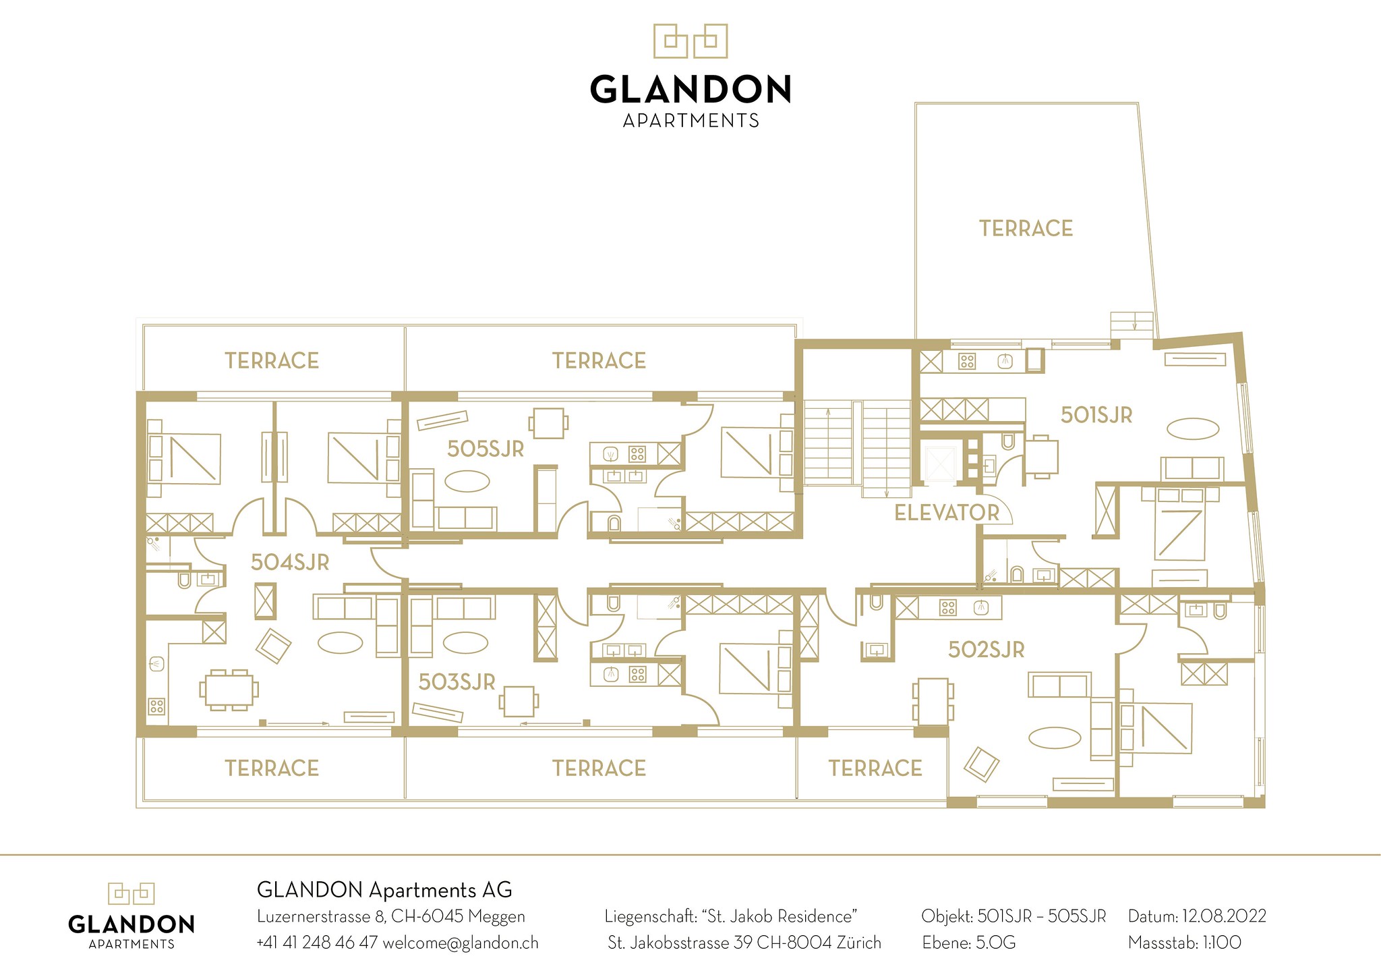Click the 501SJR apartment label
click(x=1096, y=415)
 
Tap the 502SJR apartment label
click(x=987, y=650)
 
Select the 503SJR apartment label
click(x=457, y=682)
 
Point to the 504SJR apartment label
click(x=290, y=562)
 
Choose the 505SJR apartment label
click(x=486, y=449)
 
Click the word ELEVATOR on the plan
click(x=947, y=513)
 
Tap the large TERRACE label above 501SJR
click(x=1026, y=229)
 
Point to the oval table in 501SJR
click(x=1194, y=428)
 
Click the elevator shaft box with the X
click(x=941, y=464)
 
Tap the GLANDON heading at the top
click(x=690, y=89)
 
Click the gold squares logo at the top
click(x=690, y=40)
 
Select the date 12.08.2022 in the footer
click(x=1224, y=916)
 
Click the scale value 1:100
click(x=1222, y=942)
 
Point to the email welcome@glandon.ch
click(x=461, y=943)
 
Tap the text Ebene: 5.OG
click(x=969, y=942)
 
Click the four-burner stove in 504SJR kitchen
click(x=156, y=706)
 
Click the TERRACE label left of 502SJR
click(x=875, y=769)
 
